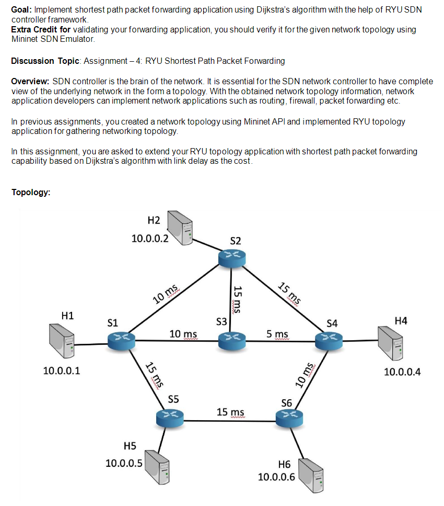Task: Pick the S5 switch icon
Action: click(170, 417)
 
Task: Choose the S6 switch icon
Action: click(289, 417)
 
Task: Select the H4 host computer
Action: click(390, 342)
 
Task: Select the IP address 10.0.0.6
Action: click(276, 477)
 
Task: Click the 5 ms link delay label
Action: click(277, 334)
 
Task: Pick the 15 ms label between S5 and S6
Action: click(230, 412)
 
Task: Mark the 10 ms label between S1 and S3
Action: click(183, 334)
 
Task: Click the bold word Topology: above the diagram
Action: click(31, 192)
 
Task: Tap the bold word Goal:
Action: click(21, 10)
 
